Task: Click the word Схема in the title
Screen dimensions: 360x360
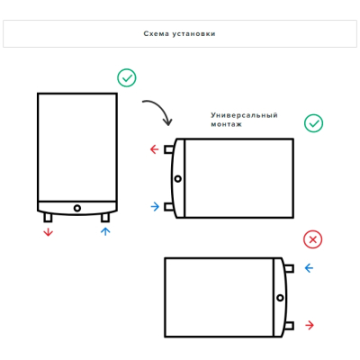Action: (156, 33)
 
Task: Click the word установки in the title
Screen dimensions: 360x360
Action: (193, 33)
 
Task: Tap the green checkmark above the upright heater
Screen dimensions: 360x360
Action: (127, 78)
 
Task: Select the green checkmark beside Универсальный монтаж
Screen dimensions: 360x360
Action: (313, 123)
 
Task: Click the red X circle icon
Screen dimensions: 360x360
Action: (312, 239)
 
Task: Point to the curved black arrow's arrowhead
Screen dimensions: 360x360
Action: (167, 121)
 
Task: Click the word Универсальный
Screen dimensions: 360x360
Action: (244, 115)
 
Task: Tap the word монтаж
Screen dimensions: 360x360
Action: (226, 124)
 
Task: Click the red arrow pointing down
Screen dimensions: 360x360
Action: (48, 232)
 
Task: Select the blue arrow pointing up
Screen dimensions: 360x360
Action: (105, 231)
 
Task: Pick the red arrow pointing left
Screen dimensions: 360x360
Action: (154, 149)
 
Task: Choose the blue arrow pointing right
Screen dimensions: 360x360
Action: (155, 207)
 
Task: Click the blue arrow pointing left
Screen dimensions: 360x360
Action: (309, 268)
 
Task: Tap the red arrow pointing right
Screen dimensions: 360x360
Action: (310, 325)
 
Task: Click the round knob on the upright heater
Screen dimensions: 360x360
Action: (77, 208)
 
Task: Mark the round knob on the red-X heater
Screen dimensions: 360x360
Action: (280, 298)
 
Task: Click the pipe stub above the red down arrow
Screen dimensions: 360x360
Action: (48, 218)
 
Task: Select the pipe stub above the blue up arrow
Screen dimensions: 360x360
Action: (105, 218)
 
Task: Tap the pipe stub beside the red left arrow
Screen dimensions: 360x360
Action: (168, 149)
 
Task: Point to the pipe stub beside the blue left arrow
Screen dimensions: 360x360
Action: (289, 268)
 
